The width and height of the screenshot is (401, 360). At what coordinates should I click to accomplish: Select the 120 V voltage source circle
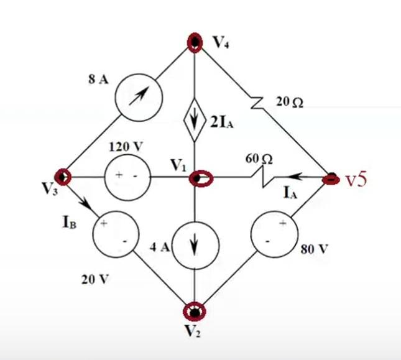pyautogui.click(x=125, y=177)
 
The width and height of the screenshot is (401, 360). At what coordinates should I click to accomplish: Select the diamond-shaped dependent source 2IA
pyautogui.click(x=195, y=118)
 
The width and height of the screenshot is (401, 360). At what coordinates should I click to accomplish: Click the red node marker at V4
pyautogui.click(x=195, y=42)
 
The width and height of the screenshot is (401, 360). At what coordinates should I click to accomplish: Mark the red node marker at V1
pyautogui.click(x=200, y=179)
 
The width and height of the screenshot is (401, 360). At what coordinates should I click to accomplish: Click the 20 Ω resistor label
pyautogui.click(x=289, y=103)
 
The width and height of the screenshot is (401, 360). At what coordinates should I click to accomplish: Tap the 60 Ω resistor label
pyautogui.click(x=259, y=160)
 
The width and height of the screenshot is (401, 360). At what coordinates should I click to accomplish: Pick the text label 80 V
pyautogui.click(x=314, y=250)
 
